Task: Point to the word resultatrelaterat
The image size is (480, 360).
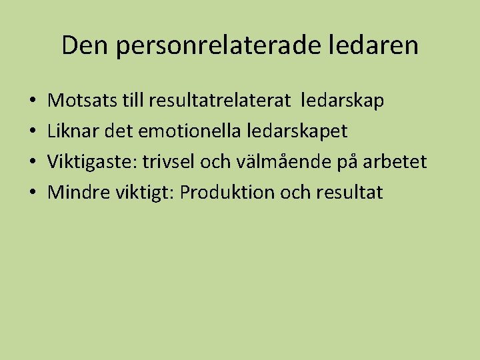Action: (220, 101)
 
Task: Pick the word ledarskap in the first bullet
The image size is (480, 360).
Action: (343, 101)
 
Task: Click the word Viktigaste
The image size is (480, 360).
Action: (93, 162)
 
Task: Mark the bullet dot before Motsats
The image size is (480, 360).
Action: (33, 102)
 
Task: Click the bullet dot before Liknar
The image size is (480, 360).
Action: (33, 133)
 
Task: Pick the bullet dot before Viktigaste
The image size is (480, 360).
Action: (33, 163)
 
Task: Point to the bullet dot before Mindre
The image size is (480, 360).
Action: (33, 194)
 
